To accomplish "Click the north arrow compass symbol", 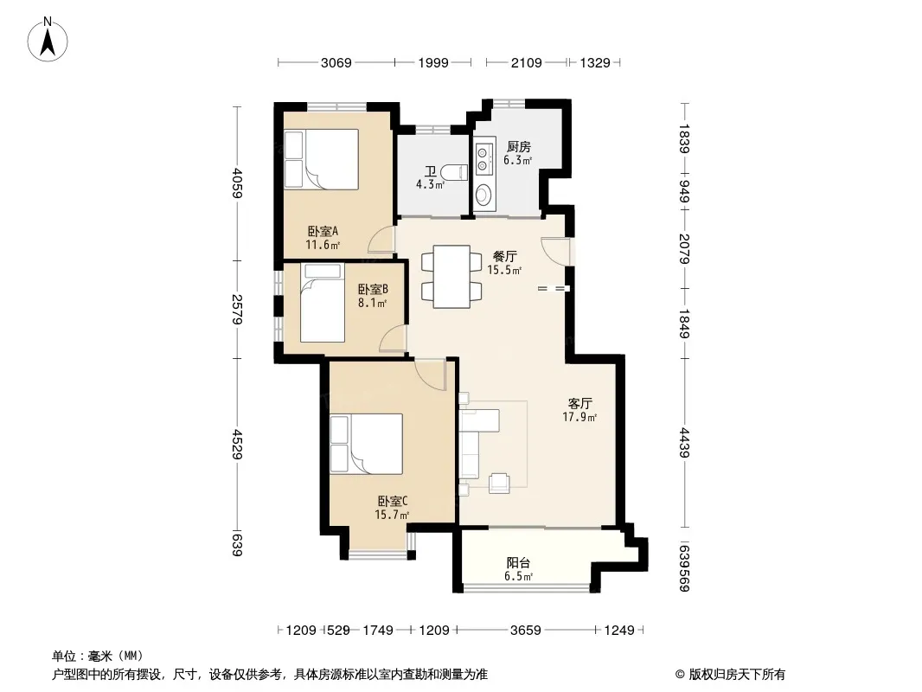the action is (48, 39).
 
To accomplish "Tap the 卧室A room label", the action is (323, 231).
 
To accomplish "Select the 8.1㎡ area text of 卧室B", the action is (372, 304).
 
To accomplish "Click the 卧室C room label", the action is (392, 502).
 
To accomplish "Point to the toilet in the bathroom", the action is (453, 172).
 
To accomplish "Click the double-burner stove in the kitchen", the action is (483, 157).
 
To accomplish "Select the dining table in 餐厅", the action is (451, 276).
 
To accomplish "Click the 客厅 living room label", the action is (579, 404).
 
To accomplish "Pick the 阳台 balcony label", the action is (518, 563).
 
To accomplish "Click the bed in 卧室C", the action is (367, 444).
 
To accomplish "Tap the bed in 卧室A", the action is (321, 159).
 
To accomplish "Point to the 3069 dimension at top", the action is (336, 62).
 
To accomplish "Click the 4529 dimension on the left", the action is (237, 445).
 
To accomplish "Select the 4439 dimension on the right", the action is (684, 443).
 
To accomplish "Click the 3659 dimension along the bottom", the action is (525, 631).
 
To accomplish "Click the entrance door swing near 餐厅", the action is (555, 251).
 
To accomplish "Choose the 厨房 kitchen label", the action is (518, 146).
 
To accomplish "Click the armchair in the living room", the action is (499, 482).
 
